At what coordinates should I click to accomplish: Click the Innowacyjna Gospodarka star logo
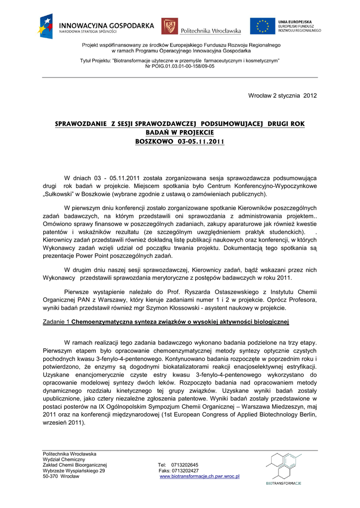coord(46,25)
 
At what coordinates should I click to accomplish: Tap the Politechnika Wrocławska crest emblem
coord(170,26)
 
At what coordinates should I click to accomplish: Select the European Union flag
coord(262,26)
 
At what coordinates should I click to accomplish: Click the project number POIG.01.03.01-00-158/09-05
coord(180,66)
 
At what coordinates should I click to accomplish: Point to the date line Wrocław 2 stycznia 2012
coord(282,95)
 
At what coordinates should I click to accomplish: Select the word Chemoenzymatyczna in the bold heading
coord(103,322)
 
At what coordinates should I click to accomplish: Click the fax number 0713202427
coord(185,471)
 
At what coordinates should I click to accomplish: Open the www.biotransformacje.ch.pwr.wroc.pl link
coord(200,476)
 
